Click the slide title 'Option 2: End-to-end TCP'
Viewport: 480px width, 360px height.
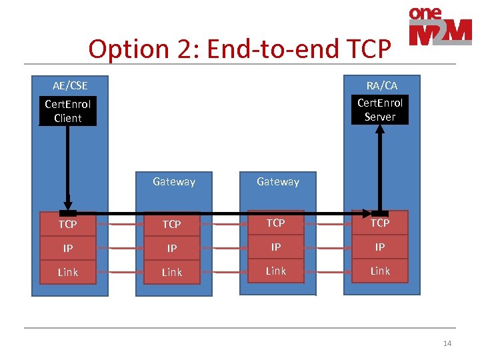pyautogui.click(x=239, y=49)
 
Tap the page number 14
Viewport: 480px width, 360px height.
pyautogui.click(x=447, y=343)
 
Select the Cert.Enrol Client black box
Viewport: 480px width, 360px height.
pyautogui.click(x=68, y=111)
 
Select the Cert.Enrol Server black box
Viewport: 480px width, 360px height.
pyautogui.click(x=380, y=110)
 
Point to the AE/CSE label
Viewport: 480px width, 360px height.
pyautogui.click(x=70, y=85)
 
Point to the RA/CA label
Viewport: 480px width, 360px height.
pyautogui.click(x=381, y=85)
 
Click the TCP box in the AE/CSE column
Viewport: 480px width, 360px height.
pyautogui.click(x=68, y=225)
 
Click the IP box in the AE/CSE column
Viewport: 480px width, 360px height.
pyautogui.click(x=68, y=248)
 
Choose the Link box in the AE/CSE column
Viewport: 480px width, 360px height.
pyautogui.click(x=68, y=272)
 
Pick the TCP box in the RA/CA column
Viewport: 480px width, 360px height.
pyautogui.click(x=380, y=223)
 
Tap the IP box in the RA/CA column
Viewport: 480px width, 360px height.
pyautogui.click(x=380, y=247)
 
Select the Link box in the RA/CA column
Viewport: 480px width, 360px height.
pyautogui.click(x=380, y=271)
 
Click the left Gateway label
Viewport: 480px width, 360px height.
pyautogui.click(x=173, y=181)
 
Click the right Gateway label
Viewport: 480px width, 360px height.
pyautogui.click(x=278, y=181)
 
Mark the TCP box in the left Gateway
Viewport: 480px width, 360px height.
pyautogui.click(x=172, y=225)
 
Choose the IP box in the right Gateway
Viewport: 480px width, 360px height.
pyautogui.click(x=276, y=247)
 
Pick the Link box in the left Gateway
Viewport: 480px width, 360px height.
pyautogui.click(x=172, y=272)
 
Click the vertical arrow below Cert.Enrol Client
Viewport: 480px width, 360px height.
pyautogui.click(x=67, y=167)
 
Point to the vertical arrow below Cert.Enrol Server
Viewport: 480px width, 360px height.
pyautogui.click(x=380, y=167)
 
